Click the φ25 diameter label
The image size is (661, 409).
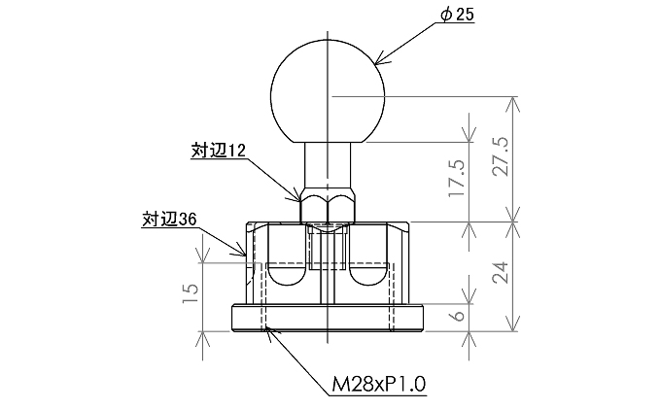(x=456, y=17)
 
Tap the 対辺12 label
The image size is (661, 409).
(x=216, y=151)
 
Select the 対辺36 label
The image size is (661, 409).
(x=169, y=220)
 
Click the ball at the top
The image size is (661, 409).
(x=330, y=87)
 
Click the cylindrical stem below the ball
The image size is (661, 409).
(x=330, y=165)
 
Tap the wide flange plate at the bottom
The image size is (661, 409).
(x=330, y=319)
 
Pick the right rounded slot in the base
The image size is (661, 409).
(x=369, y=275)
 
